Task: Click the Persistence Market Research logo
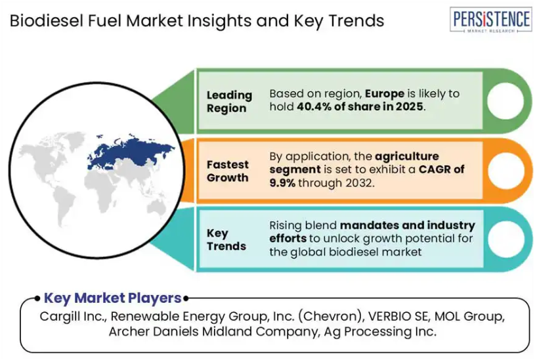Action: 490,20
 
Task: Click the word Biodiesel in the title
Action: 47,20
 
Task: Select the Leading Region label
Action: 229,101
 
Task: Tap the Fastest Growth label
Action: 228,171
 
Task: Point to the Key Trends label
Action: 226,239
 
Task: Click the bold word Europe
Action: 385,93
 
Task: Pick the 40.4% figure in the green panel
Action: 314,106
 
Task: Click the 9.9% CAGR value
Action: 282,183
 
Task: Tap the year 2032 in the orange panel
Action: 359,183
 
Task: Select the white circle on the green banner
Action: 505,101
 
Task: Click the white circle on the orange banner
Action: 506,170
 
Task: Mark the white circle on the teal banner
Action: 506,239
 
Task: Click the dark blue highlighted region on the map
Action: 131,151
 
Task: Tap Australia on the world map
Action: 156,208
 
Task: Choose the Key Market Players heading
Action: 113,298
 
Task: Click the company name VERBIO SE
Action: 398,316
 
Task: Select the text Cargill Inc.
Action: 74,316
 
